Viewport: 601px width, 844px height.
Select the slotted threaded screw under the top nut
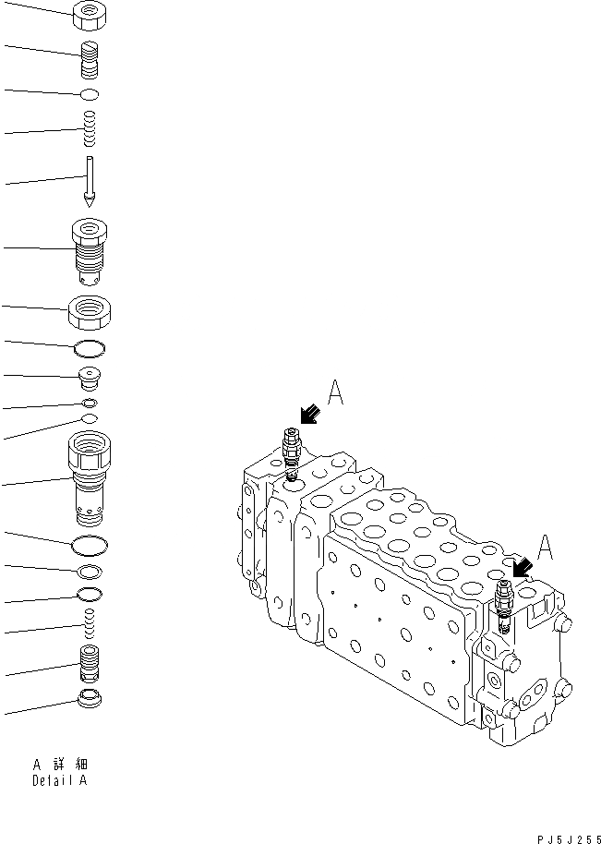90,61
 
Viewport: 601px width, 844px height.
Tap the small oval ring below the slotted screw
90,94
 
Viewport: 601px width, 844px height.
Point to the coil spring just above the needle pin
90,128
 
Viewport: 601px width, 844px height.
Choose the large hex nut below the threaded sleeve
90,311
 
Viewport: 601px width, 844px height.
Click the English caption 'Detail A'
60,781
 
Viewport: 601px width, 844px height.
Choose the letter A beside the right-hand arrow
546,549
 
